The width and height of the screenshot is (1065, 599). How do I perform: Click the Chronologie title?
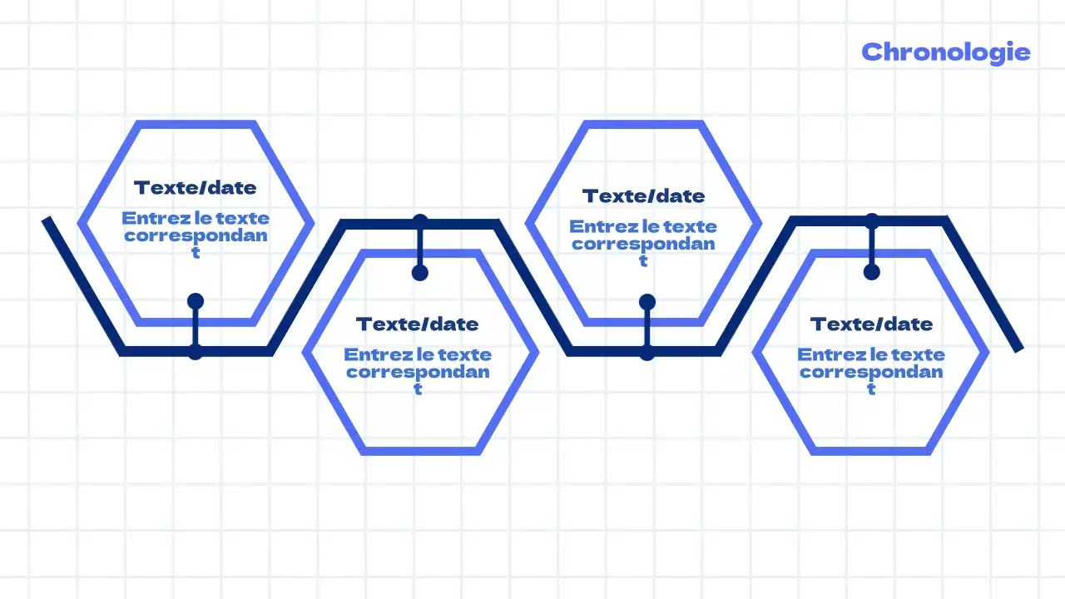point(946,52)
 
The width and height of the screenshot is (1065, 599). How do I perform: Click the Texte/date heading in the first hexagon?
point(195,188)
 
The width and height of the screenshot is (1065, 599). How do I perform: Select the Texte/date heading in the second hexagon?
point(418,324)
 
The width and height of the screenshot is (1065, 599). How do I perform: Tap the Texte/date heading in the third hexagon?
point(643,196)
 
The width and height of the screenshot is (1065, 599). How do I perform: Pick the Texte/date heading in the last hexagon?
point(871,324)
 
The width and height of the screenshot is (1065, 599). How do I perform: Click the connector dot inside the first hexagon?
point(196,301)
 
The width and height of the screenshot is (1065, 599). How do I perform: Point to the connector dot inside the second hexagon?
point(420,273)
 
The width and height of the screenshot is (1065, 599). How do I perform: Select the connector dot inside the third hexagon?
point(647,302)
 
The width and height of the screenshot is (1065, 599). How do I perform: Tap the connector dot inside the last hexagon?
point(871,272)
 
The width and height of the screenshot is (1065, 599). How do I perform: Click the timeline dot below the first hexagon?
point(196,352)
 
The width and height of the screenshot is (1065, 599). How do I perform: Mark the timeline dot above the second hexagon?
point(420,221)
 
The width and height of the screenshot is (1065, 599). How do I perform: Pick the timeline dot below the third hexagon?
point(647,353)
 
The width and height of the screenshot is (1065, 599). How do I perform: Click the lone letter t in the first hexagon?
point(196,252)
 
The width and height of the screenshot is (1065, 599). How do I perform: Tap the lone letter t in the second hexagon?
point(418,389)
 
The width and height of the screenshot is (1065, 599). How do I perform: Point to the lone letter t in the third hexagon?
point(643,261)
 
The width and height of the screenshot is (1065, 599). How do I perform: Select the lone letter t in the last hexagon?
point(871,389)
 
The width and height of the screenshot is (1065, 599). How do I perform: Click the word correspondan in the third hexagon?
point(643,245)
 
